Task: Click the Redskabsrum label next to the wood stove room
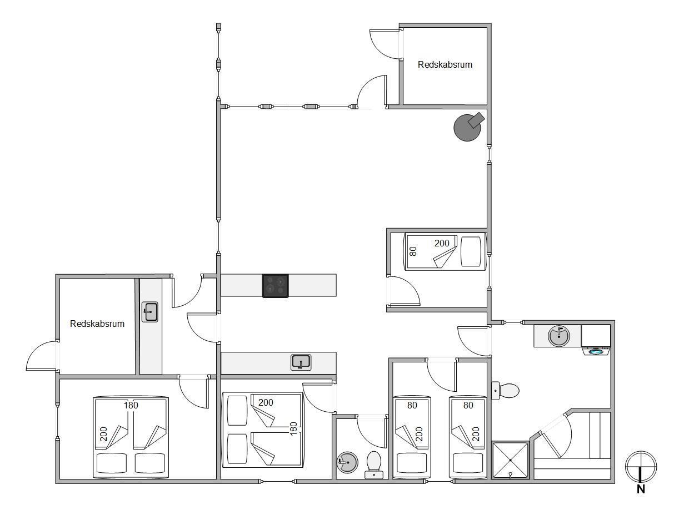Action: pos(445,64)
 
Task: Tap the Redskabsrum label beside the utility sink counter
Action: pos(97,324)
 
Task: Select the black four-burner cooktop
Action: pos(276,285)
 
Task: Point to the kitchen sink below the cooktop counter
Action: pos(301,362)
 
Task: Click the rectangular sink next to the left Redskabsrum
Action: pos(150,312)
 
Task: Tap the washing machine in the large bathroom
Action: pos(596,340)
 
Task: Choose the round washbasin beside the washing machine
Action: pos(559,336)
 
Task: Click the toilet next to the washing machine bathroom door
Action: pos(505,391)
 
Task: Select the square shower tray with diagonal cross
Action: pos(510,460)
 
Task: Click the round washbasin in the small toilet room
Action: pos(347,462)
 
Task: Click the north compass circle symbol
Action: pos(641,466)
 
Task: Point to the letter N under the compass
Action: pos(641,489)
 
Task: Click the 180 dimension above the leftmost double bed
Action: pos(131,405)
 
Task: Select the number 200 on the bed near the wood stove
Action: pos(442,243)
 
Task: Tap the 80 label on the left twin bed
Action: pos(412,405)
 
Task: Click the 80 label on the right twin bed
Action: pos(468,405)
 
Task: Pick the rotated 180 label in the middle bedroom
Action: pos(293,428)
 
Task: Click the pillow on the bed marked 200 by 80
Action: pos(471,251)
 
